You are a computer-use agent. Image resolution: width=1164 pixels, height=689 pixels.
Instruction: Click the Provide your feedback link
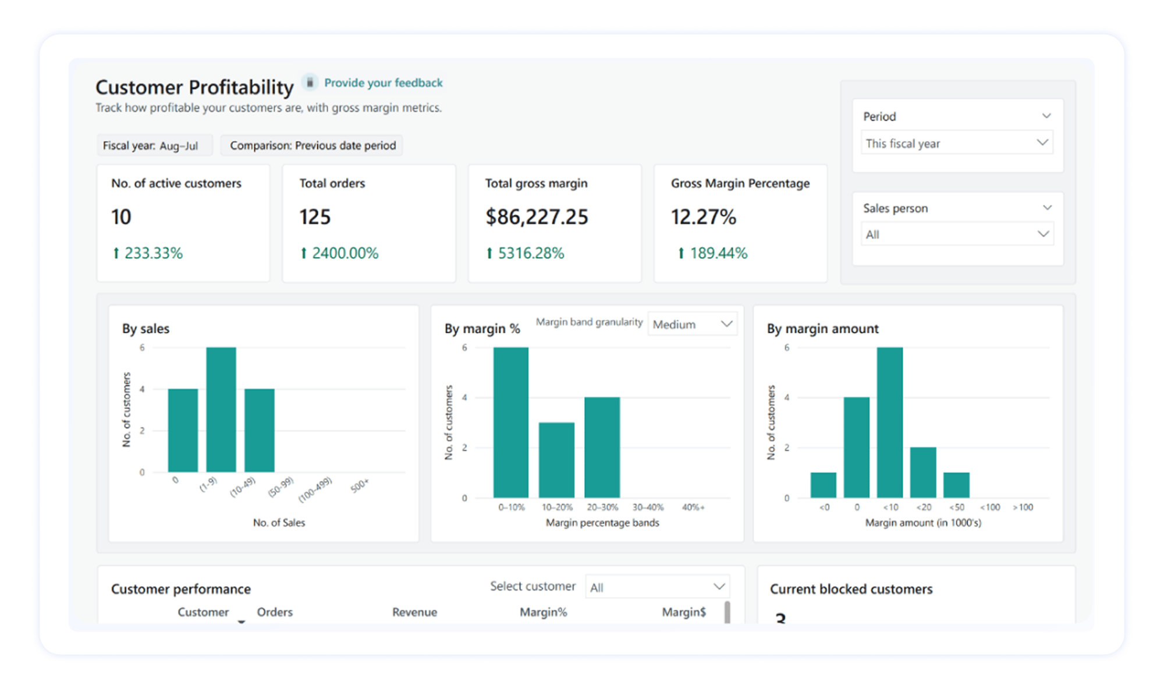(383, 83)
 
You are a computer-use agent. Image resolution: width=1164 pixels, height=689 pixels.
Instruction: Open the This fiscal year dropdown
(957, 143)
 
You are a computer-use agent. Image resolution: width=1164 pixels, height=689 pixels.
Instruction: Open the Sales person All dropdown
(957, 235)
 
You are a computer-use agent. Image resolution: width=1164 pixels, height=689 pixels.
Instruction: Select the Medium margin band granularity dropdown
(692, 324)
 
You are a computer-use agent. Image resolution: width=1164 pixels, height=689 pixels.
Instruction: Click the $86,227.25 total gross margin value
(537, 217)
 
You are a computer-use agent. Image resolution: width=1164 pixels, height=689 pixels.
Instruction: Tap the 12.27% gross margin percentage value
(703, 217)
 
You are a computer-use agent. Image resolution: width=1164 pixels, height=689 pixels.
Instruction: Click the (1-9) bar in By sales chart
(221, 409)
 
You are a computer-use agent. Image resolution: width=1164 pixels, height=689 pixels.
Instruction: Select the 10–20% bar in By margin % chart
(556, 460)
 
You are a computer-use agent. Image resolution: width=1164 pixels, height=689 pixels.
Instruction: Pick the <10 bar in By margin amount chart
(889, 422)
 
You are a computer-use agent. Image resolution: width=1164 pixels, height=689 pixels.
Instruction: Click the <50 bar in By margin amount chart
(956, 485)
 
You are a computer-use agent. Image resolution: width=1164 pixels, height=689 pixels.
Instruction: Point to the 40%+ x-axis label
(693, 507)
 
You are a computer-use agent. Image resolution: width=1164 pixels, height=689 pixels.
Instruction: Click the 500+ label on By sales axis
(359, 485)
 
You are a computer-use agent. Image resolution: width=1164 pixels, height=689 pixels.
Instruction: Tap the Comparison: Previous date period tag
(313, 145)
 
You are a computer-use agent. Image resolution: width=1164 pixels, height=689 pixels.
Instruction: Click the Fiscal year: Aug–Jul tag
(151, 145)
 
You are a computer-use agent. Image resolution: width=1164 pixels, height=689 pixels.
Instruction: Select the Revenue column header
(414, 612)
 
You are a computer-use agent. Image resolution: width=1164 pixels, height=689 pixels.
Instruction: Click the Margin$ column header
(683, 612)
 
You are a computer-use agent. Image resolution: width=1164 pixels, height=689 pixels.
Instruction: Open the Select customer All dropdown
(657, 587)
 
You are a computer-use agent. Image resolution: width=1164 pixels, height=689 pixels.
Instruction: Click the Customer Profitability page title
(194, 87)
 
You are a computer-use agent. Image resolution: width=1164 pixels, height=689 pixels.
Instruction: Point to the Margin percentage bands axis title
(602, 523)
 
